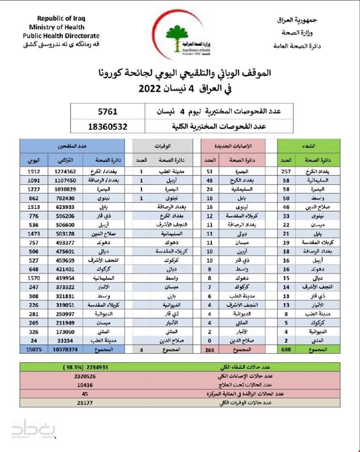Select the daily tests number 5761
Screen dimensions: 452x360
[x=107, y=111]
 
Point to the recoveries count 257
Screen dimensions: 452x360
[x=285, y=172]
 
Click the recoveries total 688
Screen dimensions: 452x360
[x=285, y=349]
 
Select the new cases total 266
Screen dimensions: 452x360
[x=209, y=349]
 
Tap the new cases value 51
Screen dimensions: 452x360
[x=209, y=172]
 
